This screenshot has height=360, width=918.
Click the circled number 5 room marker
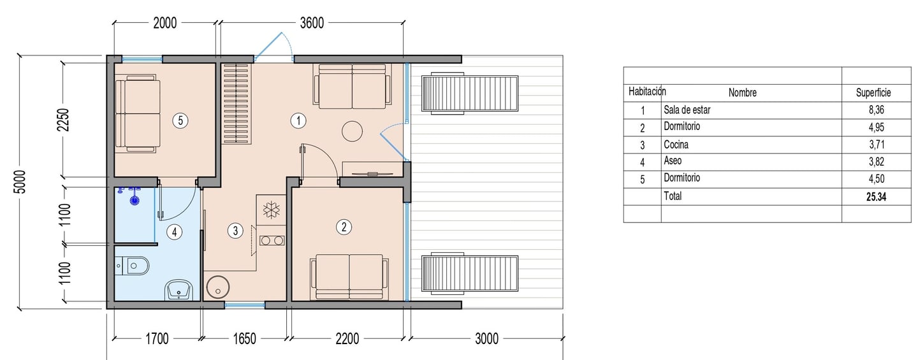(180, 120)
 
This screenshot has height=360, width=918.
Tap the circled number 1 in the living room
(298, 120)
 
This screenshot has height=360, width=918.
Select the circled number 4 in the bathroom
(175, 232)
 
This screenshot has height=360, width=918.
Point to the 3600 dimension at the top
(312, 23)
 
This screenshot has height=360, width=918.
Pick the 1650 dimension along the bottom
(244, 339)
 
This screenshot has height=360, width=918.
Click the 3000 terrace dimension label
(486, 339)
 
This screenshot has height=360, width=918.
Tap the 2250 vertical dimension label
(64, 120)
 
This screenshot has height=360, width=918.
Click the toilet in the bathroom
(132, 266)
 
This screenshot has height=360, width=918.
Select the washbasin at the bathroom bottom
(179, 291)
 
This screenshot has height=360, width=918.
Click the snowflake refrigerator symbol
(272, 209)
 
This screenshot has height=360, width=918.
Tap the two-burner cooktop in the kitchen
(272, 240)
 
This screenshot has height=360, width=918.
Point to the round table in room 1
(352, 131)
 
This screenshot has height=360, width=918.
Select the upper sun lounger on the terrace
(470, 93)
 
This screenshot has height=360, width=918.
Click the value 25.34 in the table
(876, 197)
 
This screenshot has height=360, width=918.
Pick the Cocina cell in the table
(676, 145)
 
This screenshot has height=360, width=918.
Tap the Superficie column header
(873, 92)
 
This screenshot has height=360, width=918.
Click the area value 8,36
(876, 110)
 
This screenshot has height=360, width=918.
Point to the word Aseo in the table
(673, 161)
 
